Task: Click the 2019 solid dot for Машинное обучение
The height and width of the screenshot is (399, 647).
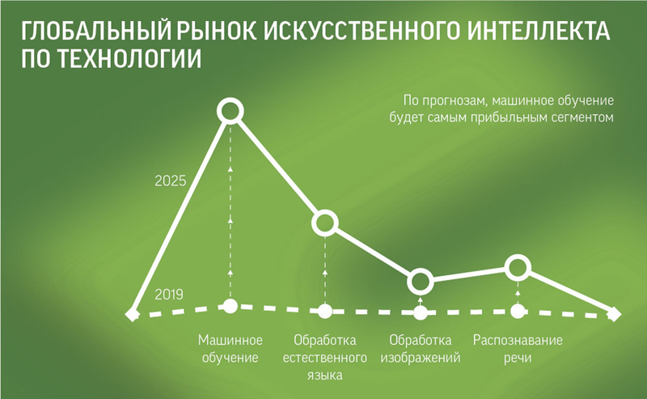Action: pyautogui.click(x=230, y=306)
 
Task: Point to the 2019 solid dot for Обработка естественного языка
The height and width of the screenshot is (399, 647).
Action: pyautogui.click(x=325, y=311)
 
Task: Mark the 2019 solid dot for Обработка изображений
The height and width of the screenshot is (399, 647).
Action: pyautogui.click(x=420, y=312)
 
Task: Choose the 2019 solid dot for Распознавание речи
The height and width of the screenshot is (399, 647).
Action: pyautogui.click(x=518, y=311)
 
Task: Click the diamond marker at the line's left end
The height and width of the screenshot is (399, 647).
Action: pyautogui.click(x=132, y=314)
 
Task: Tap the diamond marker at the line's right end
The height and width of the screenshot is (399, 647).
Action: pyautogui.click(x=614, y=314)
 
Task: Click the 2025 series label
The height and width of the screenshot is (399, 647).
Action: pyautogui.click(x=171, y=181)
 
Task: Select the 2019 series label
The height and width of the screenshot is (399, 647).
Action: pyautogui.click(x=169, y=295)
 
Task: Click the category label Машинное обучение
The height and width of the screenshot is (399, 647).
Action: pyautogui.click(x=230, y=349)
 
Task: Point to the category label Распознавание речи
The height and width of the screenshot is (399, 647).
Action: pyautogui.click(x=518, y=349)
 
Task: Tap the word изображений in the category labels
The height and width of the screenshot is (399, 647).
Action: pyautogui.click(x=421, y=357)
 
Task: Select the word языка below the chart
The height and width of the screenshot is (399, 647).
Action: pyautogui.click(x=325, y=375)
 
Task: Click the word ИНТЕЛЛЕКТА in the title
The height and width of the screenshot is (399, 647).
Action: pyautogui.click(x=539, y=30)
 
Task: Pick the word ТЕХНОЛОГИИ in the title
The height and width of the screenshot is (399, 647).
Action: pyautogui.click(x=129, y=58)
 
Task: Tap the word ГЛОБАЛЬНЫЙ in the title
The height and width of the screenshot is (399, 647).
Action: pyautogui.click(x=95, y=31)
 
